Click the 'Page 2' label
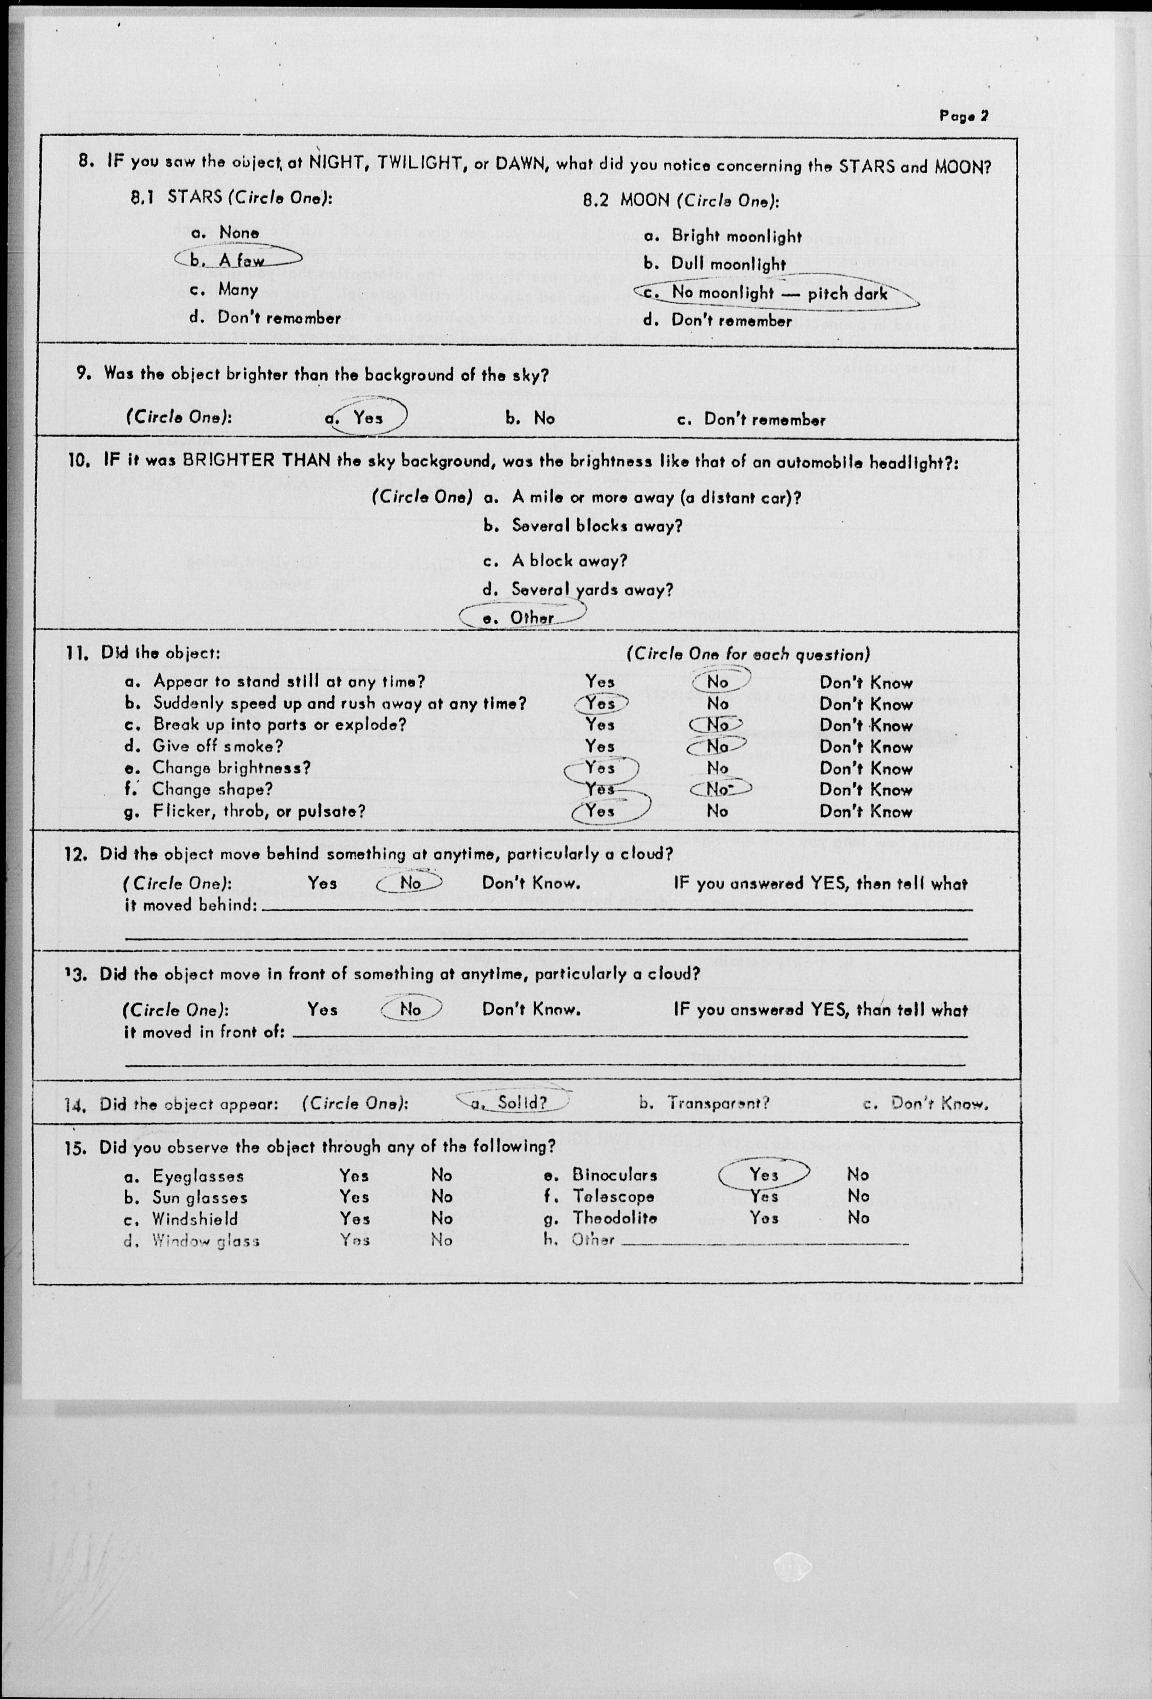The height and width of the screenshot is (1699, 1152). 963,116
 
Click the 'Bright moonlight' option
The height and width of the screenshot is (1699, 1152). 736,236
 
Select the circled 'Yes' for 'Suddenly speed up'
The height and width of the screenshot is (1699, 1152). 600,703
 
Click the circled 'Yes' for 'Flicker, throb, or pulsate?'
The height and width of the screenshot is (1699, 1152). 600,811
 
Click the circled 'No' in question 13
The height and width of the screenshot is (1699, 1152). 411,1009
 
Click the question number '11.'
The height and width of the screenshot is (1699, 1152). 77,653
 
